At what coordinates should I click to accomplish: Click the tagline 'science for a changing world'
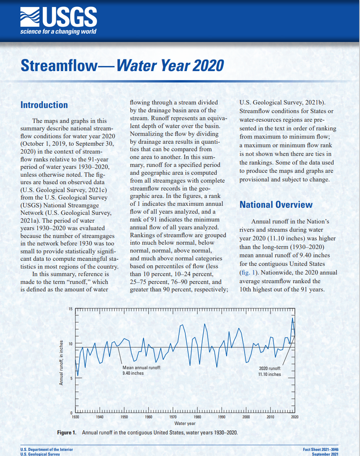[58, 31]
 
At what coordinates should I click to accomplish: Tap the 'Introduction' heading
[44, 105]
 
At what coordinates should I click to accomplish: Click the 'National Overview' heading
[276, 204]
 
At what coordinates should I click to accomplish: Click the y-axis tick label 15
[71, 309]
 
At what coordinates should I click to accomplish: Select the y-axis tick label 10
[71, 344]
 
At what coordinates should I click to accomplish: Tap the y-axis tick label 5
[71, 378]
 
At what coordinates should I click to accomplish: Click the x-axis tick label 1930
[76, 417]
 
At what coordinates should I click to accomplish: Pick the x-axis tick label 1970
[173, 417]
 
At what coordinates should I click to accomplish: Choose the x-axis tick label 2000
[246, 417]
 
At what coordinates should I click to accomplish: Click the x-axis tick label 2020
[294, 417]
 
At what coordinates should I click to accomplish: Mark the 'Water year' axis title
[185, 423]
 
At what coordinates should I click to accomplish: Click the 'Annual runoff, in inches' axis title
[61, 361]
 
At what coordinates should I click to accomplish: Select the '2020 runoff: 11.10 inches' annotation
[270, 371]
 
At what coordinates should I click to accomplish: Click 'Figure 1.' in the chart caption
[67, 432]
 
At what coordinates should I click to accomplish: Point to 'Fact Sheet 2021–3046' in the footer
[321, 449]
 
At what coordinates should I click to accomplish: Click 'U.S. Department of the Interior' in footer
[47, 449]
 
